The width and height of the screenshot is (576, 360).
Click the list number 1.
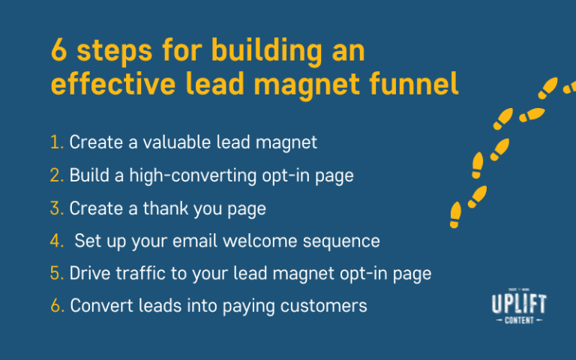[57, 142]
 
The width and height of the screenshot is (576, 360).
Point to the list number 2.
[57, 175]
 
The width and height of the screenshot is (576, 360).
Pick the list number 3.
[57, 208]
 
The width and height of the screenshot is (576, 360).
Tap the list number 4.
[57, 241]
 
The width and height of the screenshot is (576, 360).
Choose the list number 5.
[57, 274]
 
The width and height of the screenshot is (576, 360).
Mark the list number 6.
[57, 307]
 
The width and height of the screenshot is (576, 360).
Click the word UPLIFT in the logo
[517, 304]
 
